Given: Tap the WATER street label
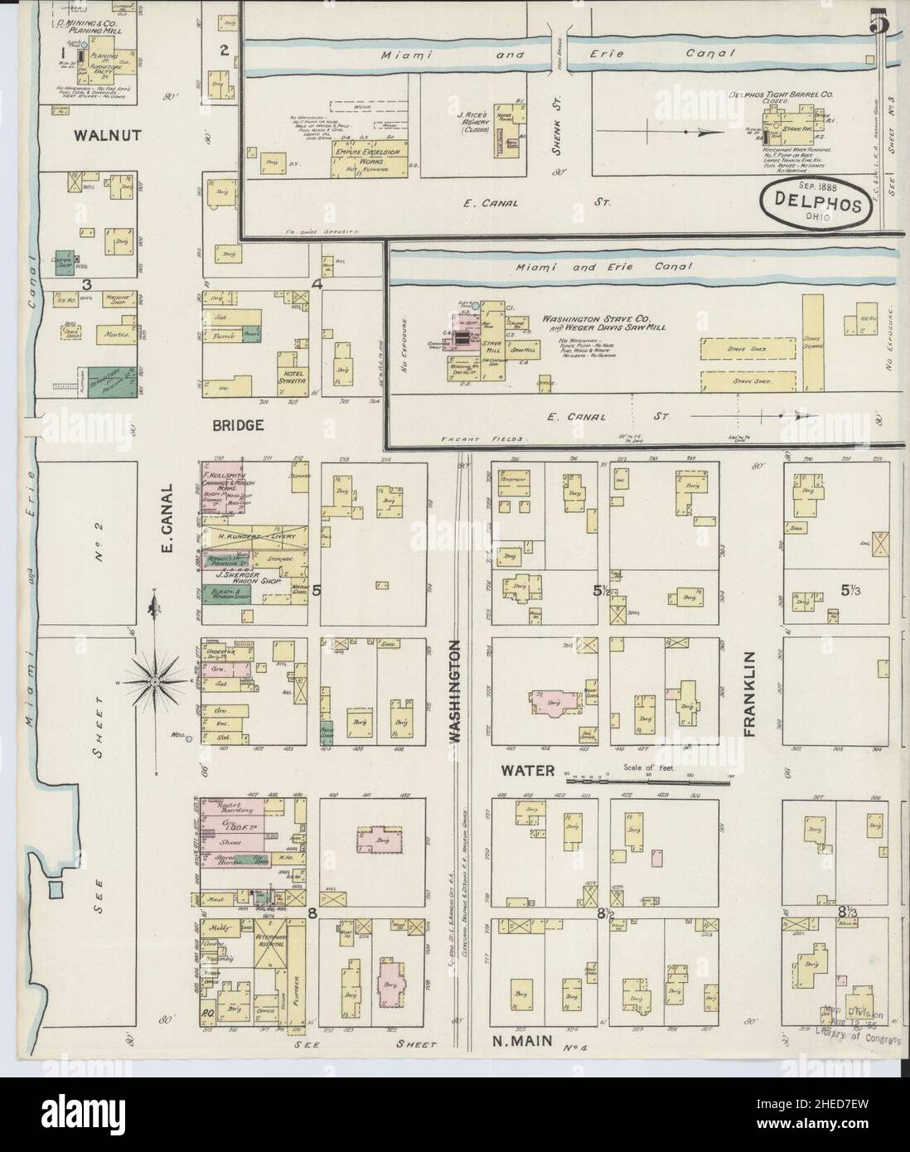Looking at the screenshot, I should pyautogui.click(x=526, y=771).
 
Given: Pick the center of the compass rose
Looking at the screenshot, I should pyautogui.click(x=155, y=681).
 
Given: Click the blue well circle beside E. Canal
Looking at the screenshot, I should pyautogui.click(x=189, y=738).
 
